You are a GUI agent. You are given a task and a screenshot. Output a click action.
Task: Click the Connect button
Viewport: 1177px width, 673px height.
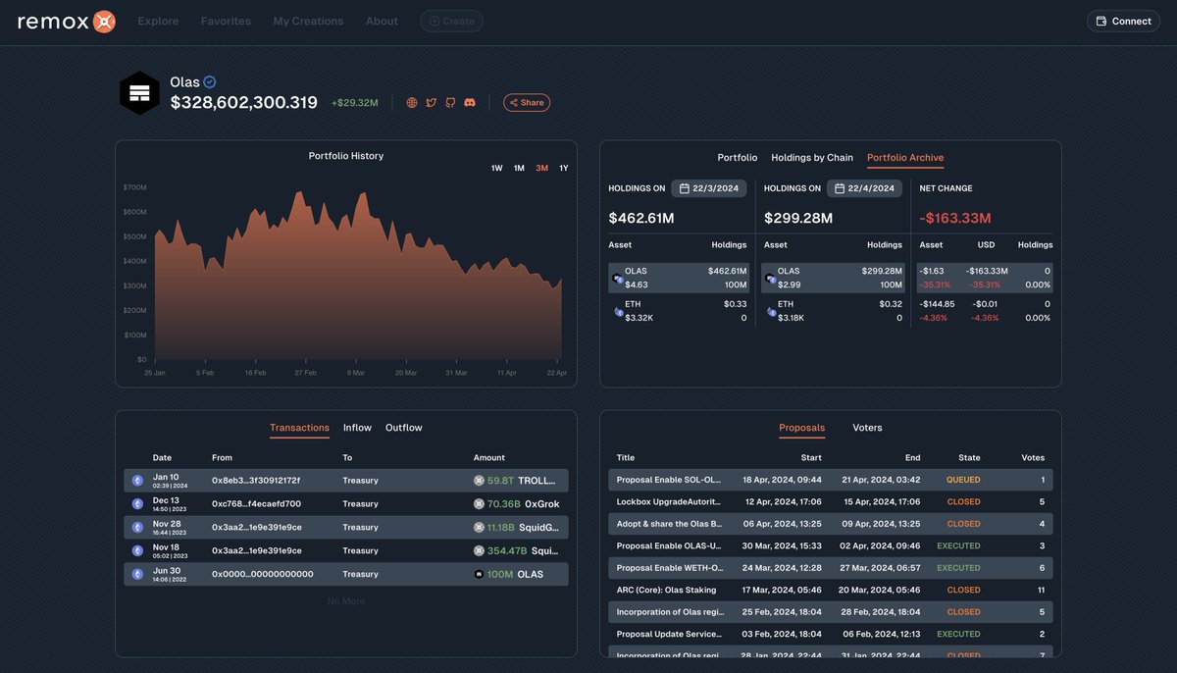[x=1123, y=21]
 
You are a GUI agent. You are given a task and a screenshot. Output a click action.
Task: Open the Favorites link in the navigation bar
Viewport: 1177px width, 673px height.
[x=226, y=21]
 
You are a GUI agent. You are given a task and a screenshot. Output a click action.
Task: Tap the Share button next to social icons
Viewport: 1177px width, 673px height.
[x=527, y=103]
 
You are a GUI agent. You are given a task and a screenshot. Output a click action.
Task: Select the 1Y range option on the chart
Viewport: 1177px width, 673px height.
[x=564, y=169]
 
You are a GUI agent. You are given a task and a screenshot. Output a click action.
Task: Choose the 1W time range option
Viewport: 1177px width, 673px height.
[x=496, y=169]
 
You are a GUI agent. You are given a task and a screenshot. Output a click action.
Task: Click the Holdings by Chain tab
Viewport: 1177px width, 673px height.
[x=811, y=158]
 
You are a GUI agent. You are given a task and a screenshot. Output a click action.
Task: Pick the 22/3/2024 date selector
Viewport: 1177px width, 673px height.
[x=709, y=188]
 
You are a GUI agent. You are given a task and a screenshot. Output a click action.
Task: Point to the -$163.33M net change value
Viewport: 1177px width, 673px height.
[x=954, y=218]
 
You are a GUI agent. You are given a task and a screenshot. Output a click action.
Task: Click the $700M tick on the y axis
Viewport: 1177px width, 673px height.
[x=134, y=187]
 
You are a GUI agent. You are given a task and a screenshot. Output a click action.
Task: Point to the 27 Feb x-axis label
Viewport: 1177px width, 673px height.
[x=304, y=373]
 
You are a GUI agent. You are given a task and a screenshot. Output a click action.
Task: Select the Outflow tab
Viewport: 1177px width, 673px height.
[x=403, y=428]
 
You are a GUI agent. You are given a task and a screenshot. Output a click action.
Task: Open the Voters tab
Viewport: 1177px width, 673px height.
[x=867, y=428]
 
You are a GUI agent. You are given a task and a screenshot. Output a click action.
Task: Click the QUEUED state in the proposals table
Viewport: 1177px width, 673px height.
[x=962, y=480]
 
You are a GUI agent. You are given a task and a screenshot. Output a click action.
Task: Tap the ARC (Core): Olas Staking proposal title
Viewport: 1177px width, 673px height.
[x=666, y=590]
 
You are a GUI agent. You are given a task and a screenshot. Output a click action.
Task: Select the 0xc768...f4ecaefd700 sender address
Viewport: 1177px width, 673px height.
[x=256, y=503]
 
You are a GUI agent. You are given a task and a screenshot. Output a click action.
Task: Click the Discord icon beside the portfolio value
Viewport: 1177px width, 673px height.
[x=470, y=103]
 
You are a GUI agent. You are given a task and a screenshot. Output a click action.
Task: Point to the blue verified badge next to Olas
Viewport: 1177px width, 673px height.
[x=210, y=82]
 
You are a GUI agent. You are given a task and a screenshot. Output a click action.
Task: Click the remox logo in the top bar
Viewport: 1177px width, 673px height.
[x=67, y=21]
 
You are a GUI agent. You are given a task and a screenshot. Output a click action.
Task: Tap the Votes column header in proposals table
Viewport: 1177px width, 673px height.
[x=1032, y=457]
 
